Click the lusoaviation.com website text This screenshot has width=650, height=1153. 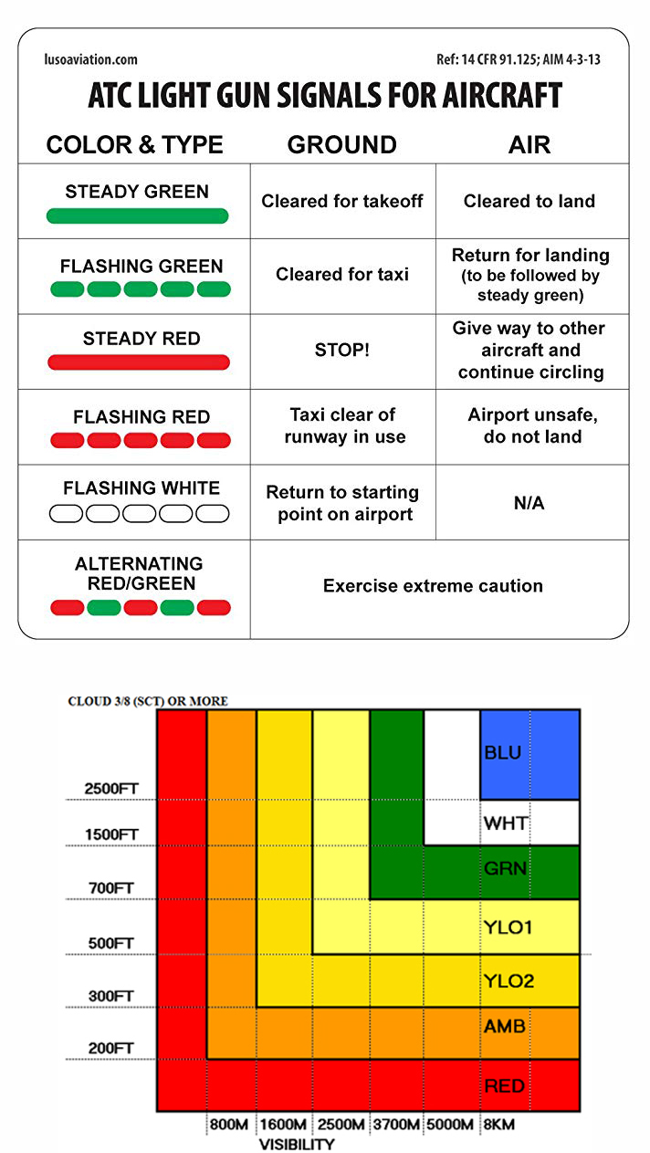90,59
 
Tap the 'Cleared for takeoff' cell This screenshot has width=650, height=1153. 342,201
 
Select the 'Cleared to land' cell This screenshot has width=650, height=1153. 529,201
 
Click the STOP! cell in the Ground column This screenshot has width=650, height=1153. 342,350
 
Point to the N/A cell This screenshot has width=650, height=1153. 529,503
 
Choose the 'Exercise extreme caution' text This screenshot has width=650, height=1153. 433,586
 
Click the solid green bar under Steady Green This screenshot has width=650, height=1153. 137,216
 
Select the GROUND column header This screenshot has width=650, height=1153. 342,144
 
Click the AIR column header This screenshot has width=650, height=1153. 529,144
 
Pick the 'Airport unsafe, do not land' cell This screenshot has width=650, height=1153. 532,425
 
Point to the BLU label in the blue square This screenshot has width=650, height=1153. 504,753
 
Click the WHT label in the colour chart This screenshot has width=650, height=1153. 505,823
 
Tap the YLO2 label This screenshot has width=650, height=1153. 508,981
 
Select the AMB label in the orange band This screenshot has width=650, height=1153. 505,1026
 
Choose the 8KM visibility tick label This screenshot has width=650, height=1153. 498,1125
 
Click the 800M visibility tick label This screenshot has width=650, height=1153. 229,1125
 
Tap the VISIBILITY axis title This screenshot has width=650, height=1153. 297,1144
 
